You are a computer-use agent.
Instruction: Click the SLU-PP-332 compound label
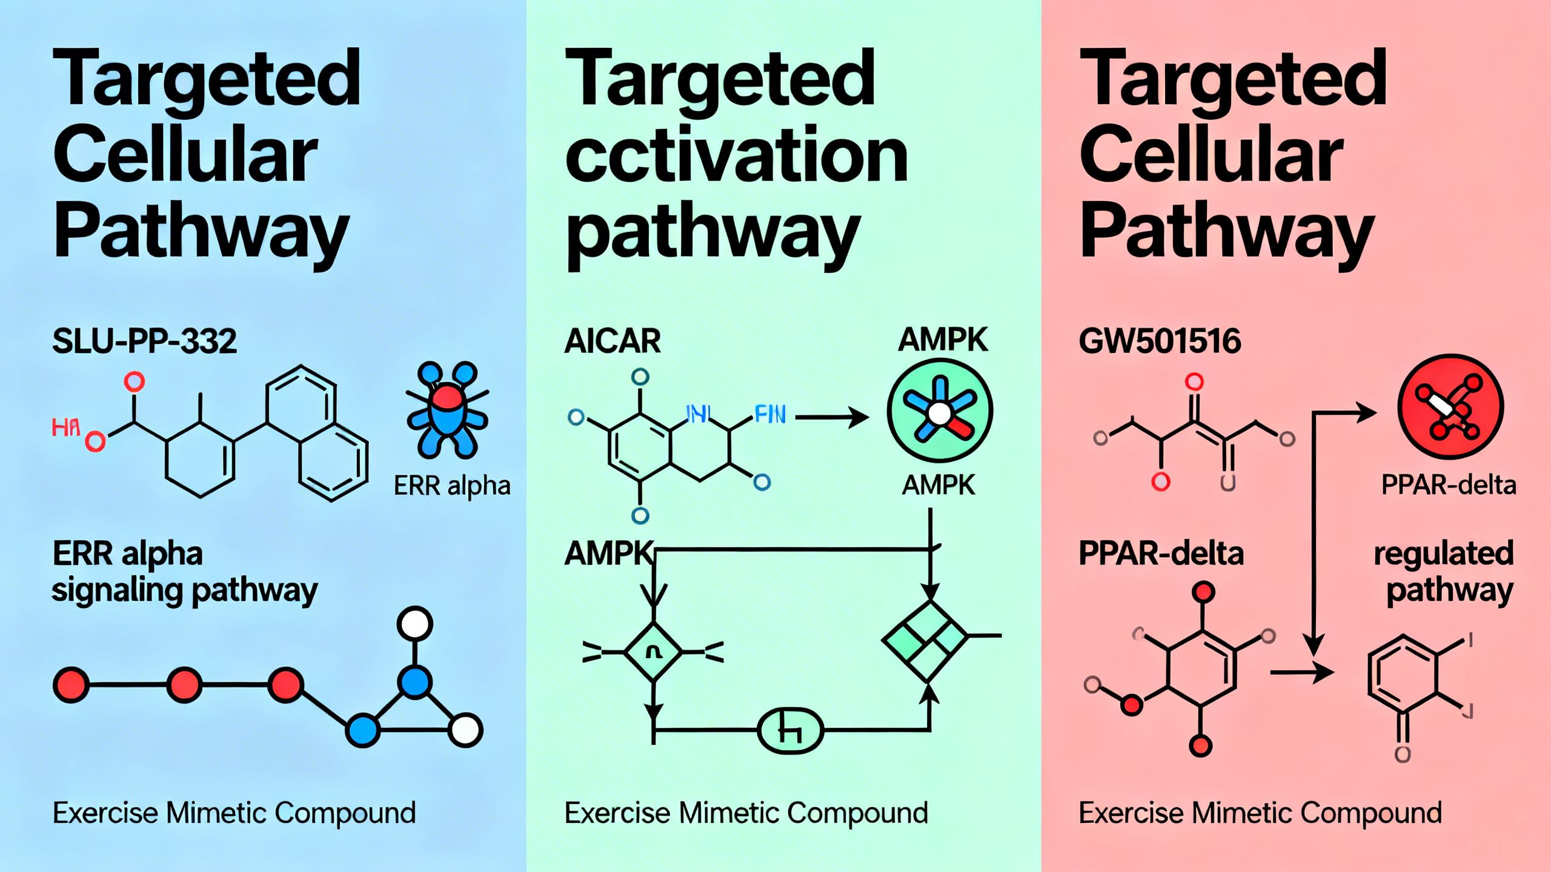[x=144, y=342]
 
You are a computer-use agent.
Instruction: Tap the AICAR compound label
[x=612, y=342]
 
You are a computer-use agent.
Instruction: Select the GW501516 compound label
[x=1160, y=342]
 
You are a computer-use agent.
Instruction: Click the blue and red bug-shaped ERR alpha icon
[x=447, y=409]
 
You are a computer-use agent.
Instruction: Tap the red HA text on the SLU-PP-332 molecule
[x=65, y=428]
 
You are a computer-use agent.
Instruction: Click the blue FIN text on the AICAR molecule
[x=769, y=415]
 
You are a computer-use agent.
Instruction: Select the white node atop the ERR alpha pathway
[x=415, y=624]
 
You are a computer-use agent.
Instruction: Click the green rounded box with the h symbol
[x=791, y=731]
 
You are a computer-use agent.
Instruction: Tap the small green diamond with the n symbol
[x=653, y=652]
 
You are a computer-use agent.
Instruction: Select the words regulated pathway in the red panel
[x=1443, y=572]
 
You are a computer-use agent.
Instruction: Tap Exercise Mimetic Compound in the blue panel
[x=234, y=813]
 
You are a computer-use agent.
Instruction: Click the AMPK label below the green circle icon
[x=938, y=486]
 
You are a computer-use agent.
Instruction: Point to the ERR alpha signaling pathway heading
[x=184, y=572]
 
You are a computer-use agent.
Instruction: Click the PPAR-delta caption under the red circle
[x=1448, y=485]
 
